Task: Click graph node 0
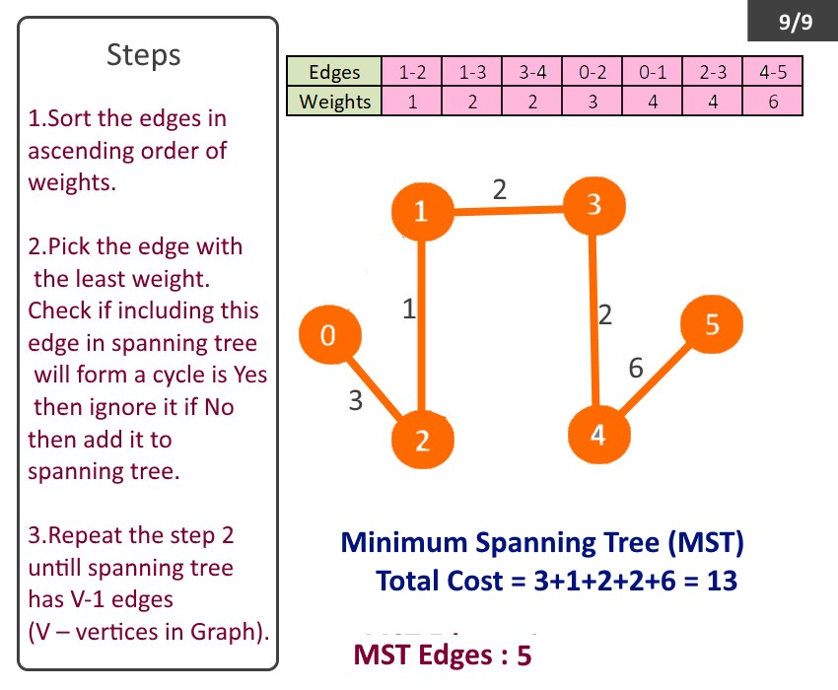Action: click(329, 335)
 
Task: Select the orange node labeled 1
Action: click(422, 210)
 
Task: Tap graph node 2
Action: click(423, 440)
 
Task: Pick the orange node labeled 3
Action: click(593, 205)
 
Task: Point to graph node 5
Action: click(712, 323)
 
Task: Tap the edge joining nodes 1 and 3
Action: click(508, 208)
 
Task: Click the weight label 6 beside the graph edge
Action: click(636, 369)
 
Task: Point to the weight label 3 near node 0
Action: click(356, 400)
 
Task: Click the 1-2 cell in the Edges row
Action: click(412, 72)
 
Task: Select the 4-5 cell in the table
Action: click(772, 72)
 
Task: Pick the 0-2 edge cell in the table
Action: click(593, 72)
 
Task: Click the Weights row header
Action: click(334, 102)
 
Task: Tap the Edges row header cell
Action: click(334, 72)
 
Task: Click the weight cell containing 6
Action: click(772, 102)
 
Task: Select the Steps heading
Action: click(144, 55)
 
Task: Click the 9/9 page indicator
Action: click(795, 22)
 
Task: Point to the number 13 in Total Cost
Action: click(722, 581)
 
